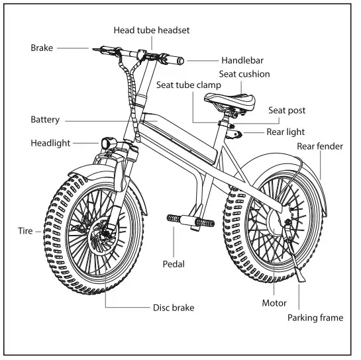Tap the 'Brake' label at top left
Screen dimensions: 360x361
click(42, 48)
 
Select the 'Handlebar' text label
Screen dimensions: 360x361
click(223, 60)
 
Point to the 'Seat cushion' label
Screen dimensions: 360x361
click(244, 74)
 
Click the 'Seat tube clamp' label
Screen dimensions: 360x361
click(188, 85)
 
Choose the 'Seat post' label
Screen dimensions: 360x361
click(287, 111)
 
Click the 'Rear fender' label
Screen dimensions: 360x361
click(319, 146)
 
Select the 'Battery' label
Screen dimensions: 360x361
click(45, 120)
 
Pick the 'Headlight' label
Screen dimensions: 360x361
click(50, 143)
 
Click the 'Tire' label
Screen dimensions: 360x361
click(25, 231)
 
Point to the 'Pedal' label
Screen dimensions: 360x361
click(174, 263)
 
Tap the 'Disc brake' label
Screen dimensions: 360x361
click(174, 308)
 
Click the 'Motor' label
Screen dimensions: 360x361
click(274, 303)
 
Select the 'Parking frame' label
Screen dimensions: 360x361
click(315, 318)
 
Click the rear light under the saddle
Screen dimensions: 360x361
click(234, 135)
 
